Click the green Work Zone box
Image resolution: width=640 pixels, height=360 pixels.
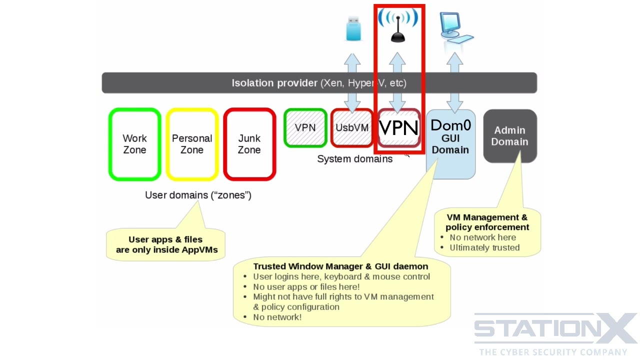click(134, 144)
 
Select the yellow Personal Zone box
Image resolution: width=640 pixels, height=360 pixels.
click(192, 144)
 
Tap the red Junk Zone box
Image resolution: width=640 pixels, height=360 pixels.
click(249, 144)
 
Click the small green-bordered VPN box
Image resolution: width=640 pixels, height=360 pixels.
click(305, 128)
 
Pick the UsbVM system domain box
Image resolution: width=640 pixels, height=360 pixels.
click(352, 128)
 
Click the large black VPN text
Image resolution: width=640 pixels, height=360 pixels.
click(398, 128)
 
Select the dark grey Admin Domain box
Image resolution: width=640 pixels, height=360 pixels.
click(509, 136)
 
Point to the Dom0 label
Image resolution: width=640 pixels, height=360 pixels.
click(450, 125)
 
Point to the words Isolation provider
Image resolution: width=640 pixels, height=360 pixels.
click(274, 83)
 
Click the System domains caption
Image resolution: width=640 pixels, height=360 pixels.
click(355, 159)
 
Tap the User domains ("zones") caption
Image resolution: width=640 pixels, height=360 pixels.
click(198, 195)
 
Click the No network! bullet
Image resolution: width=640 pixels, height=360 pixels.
click(277, 317)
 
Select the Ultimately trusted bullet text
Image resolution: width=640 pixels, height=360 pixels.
click(484, 247)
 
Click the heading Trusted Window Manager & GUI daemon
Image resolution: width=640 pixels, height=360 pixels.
click(340, 266)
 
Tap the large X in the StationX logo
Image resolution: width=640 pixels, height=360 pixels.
click(616, 328)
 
